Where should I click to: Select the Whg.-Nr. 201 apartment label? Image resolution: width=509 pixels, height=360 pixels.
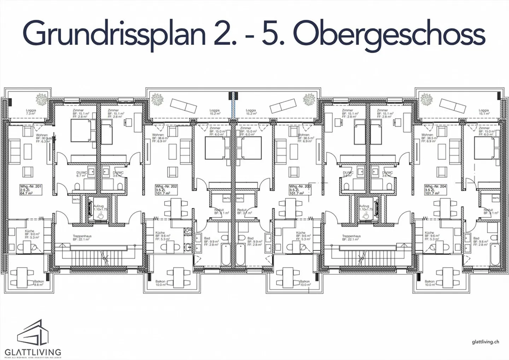[x=31, y=190]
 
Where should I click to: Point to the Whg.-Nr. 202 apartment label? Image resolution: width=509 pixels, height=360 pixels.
[x=166, y=190]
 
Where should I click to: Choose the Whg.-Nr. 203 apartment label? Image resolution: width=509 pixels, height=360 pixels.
[x=300, y=190]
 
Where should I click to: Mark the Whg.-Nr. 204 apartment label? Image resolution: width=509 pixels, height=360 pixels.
[x=435, y=190]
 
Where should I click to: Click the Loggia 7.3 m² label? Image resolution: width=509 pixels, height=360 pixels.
[x=31, y=112]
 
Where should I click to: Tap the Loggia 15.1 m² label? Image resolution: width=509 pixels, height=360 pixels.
[x=484, y=112]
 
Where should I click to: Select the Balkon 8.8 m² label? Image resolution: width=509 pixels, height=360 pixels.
[x=39, y=283]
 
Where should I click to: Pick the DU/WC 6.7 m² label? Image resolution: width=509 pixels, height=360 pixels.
[x=82, y=174]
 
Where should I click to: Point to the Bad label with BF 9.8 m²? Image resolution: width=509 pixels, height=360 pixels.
[x=480, y=242]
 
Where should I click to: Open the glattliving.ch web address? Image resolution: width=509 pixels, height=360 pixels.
[x=485, y=342]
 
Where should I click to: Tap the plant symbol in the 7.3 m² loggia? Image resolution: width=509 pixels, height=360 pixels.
[x=42, y=99]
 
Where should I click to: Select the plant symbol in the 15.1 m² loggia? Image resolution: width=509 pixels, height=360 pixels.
[x=427, y=99]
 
